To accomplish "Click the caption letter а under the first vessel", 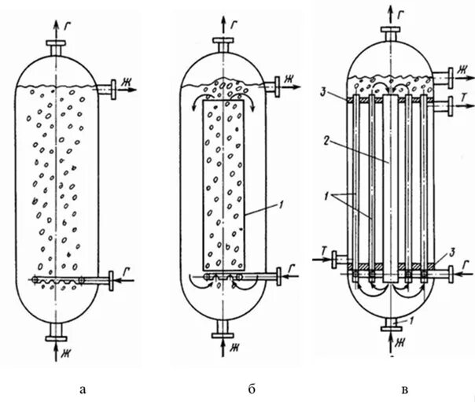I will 83,387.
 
